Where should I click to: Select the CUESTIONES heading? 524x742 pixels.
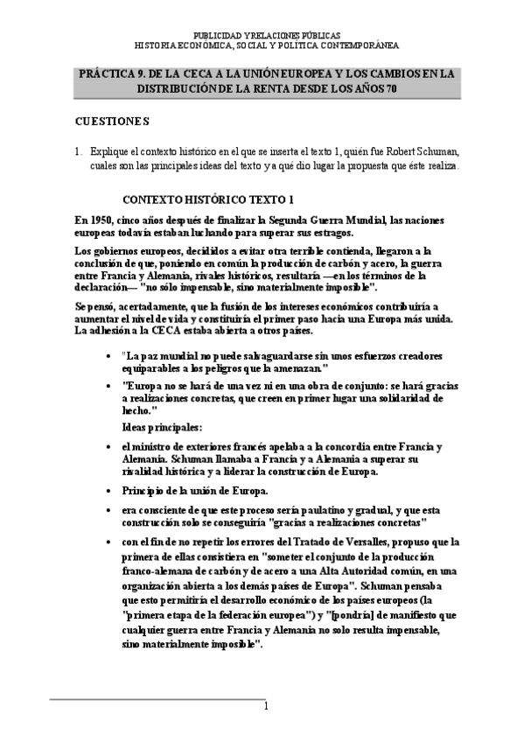(112, 120)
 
